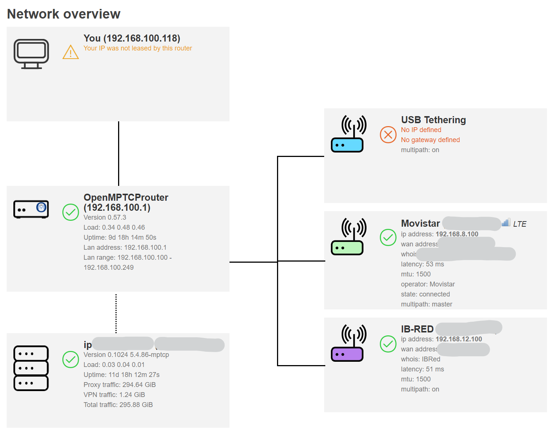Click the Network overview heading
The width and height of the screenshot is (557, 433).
point(63,14)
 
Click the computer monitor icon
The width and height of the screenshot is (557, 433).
point(31,54)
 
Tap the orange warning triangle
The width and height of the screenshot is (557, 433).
point(71,52)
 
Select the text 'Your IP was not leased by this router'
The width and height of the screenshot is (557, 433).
point(137,48)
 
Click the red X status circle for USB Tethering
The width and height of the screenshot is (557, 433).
point(388,134)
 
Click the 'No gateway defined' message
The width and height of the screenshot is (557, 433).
point(430,140)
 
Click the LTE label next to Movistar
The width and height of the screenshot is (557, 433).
point(519,224)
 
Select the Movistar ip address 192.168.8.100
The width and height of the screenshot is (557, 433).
point(457,234)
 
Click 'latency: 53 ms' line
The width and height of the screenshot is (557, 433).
point(422,264)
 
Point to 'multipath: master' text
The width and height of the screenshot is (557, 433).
point(426,304)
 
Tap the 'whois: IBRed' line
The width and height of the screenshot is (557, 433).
point(420,359)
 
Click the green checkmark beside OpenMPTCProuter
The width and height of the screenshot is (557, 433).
point(71,212)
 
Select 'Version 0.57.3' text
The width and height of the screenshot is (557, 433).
point(105,217)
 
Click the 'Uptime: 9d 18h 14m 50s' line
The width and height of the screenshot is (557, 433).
point(120,237)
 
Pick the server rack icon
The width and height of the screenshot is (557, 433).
point(31,368)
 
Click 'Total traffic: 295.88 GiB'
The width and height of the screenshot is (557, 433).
point(118,405)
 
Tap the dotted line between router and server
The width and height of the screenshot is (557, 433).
point(116,314)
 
